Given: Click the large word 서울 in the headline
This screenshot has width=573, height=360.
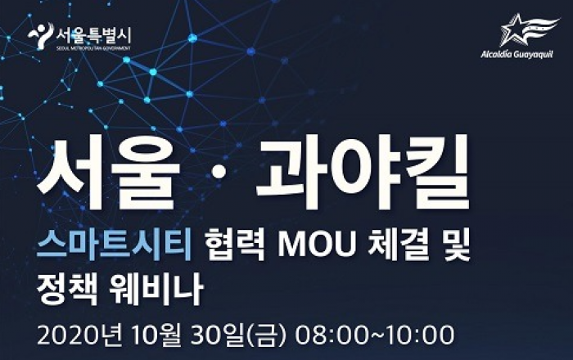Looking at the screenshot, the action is [109, 173].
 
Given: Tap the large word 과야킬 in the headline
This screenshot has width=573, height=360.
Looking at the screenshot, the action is [363, 172].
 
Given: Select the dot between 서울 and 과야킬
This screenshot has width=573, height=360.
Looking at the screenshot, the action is [219, 173].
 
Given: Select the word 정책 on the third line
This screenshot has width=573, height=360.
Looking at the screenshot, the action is [67, 289].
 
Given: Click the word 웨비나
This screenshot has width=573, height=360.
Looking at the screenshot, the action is [156, 289].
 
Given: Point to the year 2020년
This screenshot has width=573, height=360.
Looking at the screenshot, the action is [79, 335].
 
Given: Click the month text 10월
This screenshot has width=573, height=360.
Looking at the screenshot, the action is [156, 335].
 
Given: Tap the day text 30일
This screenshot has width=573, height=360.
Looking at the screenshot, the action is [217, 335].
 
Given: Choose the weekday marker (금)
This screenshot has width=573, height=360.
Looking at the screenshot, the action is [266, 335].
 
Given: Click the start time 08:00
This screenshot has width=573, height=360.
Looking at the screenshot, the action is [332, 335].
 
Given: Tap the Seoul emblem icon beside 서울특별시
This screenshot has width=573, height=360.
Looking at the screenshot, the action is [41, 35].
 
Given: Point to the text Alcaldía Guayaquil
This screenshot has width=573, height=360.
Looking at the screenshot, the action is [517, 55].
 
